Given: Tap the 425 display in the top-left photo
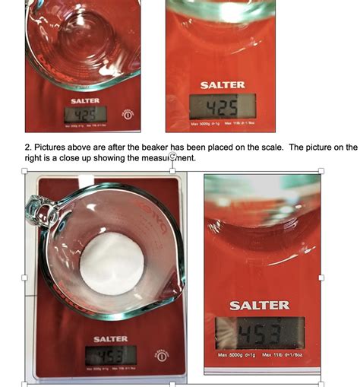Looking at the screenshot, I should [x=85, y=114].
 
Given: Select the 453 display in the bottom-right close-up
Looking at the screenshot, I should [x=259, y=333].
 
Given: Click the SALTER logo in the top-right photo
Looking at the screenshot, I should [x=223, y=85].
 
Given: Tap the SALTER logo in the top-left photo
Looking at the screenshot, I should [x=85, y=100].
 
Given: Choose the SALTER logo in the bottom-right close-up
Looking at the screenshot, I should [x=259, y=305].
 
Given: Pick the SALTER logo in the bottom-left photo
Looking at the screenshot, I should [x=110, y=338].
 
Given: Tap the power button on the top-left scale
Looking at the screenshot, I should [x=128, y=114].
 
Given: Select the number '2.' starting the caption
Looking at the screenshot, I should [x=29, y=147].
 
